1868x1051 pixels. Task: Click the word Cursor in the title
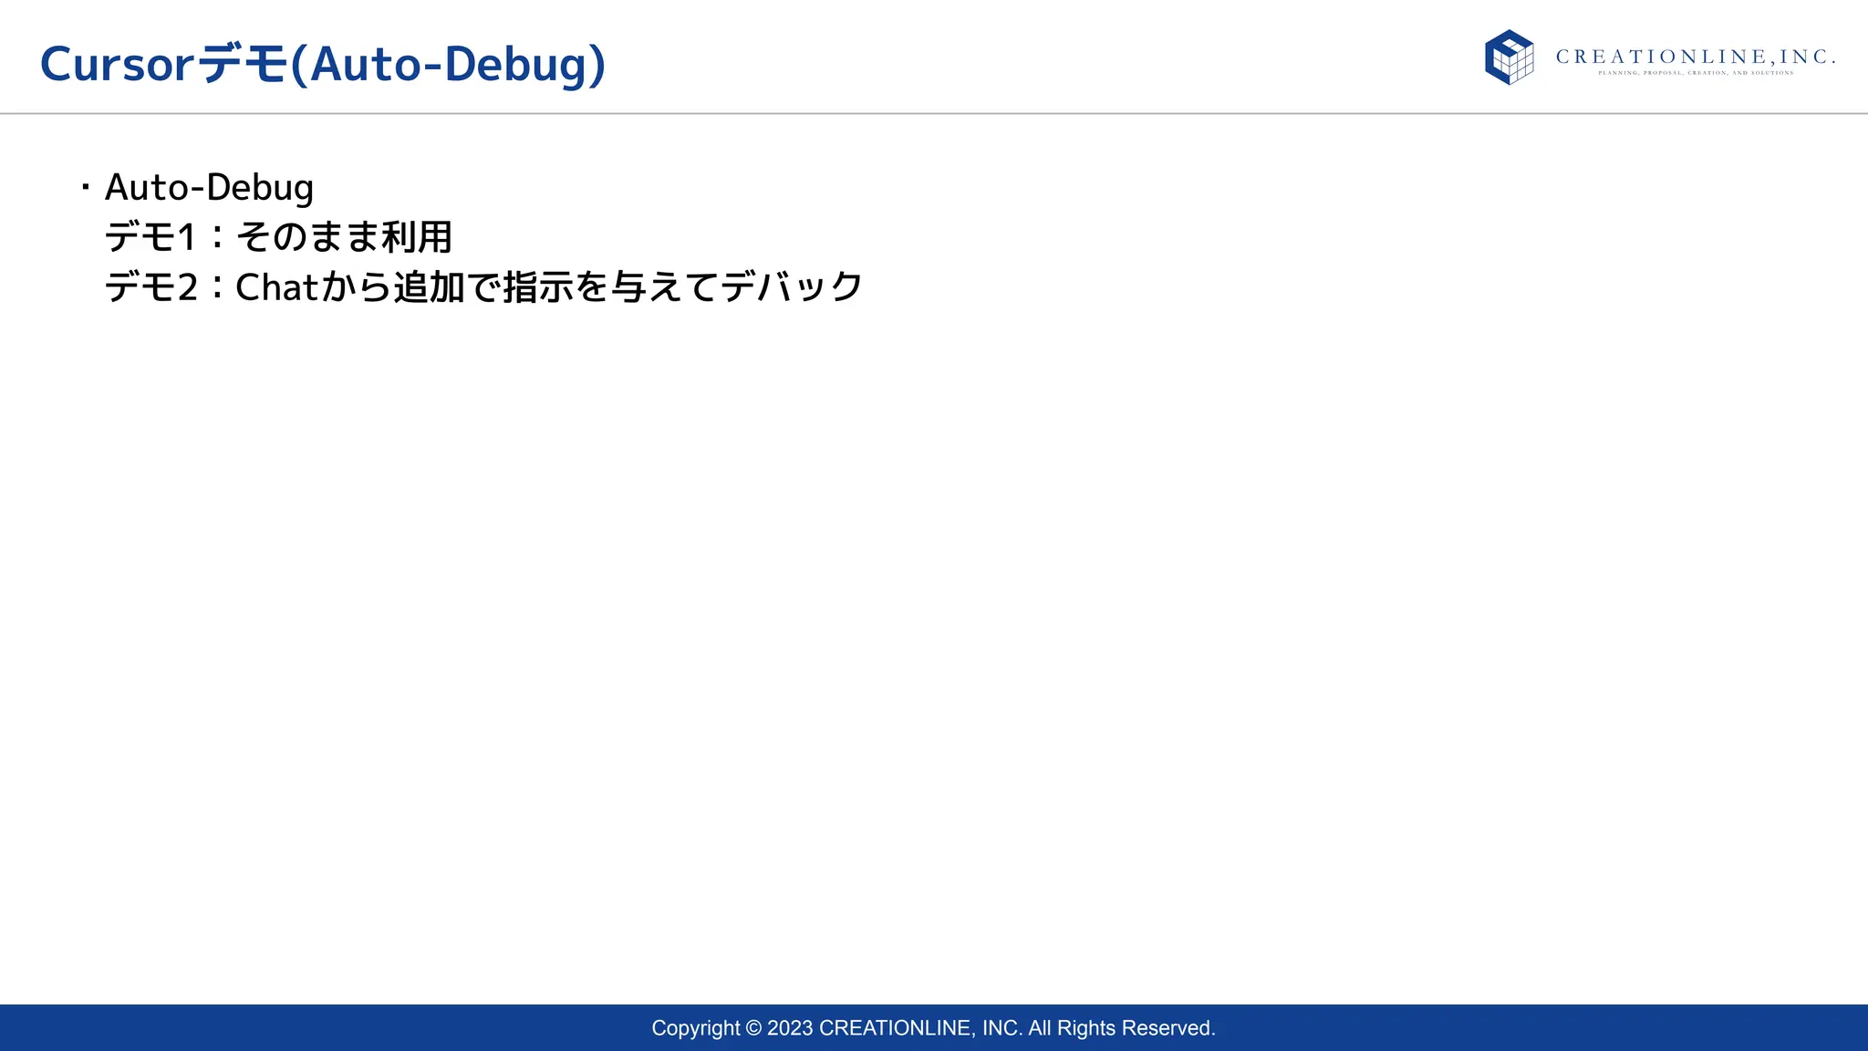click(x=117, y=65)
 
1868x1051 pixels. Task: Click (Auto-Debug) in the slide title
click(x=448, y=65)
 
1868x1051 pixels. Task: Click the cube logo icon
click(x=1509, y=57)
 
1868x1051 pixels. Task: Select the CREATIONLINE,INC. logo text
click(x=1695, y=57)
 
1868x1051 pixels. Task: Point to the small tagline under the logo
click(x=1695, y=73)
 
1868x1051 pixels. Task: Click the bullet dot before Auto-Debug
click(x=86, y=188)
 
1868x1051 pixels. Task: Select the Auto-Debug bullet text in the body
click(x=209, y=188)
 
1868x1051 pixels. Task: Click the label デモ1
click(x=150, y=237)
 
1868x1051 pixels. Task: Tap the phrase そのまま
click(x=307, y=237)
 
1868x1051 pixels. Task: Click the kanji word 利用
click(x=417, y=237)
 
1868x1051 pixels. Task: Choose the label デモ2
click(x=150, y=287)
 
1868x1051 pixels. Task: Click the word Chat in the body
click(x=275, y=287)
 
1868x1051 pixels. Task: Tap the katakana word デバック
click(x=792, y=287)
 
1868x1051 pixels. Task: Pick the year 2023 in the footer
click(x=790, y=1028)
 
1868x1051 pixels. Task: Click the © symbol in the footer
click(x=753, y=1028)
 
